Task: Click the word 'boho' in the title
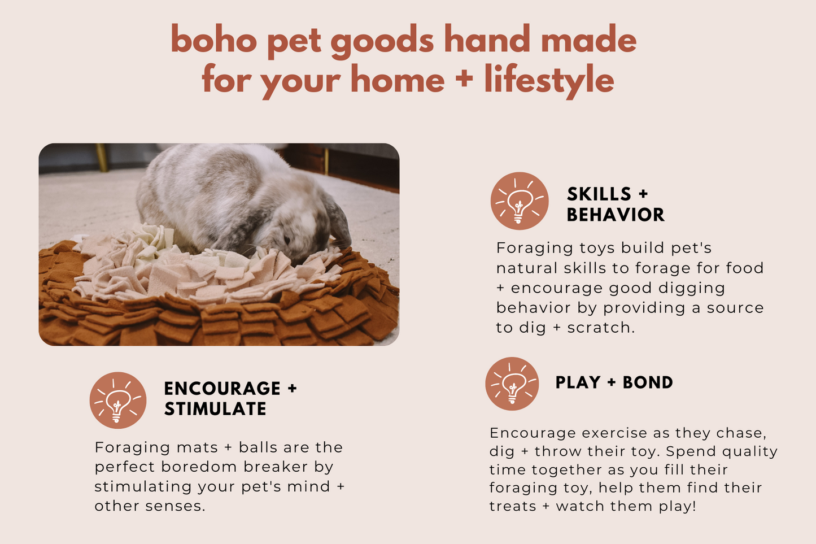coord(214,39)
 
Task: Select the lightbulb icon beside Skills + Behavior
coord(519,201)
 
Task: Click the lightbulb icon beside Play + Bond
coord(512,384)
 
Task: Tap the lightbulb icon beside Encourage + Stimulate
coord(118,400)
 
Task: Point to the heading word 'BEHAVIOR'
coord(616,215)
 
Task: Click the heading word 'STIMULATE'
coord(215,408)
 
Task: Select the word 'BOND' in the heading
coord(648,382)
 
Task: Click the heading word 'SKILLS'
coord(599,194)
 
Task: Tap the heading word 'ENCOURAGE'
coord(222,388)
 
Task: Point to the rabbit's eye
coord(287,240)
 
